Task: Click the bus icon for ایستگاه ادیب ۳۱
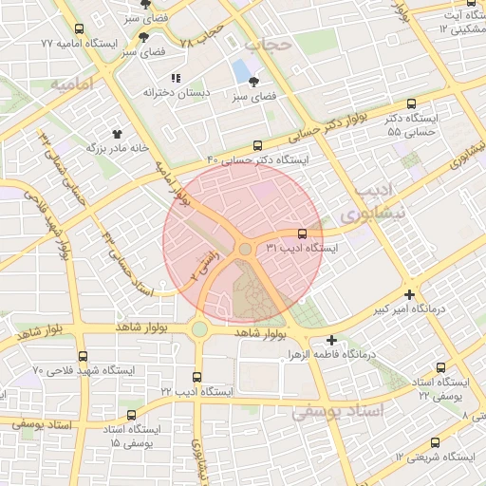(303, 233)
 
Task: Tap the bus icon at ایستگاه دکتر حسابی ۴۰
(257, 145)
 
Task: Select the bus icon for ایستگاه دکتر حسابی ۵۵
(411, 104)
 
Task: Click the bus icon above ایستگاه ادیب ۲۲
(197, 377)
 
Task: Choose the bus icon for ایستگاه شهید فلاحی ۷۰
(81, 354)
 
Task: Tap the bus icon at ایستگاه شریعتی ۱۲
(435, 442)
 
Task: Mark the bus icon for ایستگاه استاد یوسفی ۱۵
(129, 416)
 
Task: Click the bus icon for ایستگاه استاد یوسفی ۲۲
(440, 366)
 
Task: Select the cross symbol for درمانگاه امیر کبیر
(409, 294)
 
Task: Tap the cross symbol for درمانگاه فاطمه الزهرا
(331, 340)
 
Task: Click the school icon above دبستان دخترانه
(175, 78)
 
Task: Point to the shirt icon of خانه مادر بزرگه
(119, 134)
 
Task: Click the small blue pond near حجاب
(241, 70)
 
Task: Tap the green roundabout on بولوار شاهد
(198, 329)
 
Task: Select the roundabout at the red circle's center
(244, 249)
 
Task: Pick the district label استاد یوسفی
(336, 411)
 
